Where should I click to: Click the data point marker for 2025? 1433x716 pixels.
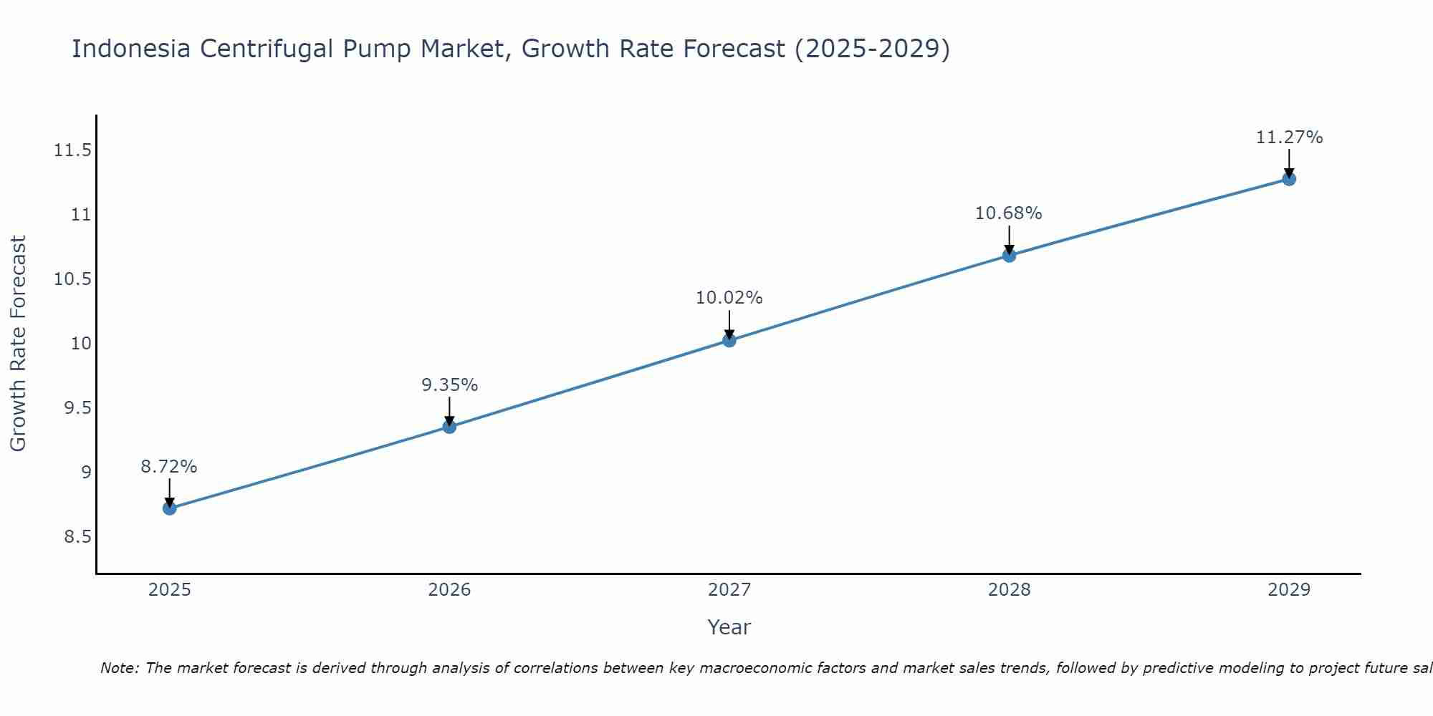point(170,508)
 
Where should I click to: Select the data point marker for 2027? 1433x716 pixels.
point(729,340)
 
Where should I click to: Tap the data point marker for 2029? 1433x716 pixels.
point(1289,179)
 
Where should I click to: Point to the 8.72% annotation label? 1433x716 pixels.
point(169,467)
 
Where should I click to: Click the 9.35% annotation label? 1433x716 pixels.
point(449,385)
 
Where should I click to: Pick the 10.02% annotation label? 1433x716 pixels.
point(729,298)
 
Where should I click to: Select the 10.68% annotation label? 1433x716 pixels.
point(1009,213)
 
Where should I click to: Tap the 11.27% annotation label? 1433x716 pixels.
point(1289,137)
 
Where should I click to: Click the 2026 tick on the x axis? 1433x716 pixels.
point(449,590)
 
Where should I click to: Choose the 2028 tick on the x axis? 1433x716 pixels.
point(1009,590)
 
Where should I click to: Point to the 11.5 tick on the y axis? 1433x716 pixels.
point(72,150)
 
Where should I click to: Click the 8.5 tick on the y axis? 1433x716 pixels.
point(77,537)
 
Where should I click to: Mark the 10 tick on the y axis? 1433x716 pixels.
point(81,344)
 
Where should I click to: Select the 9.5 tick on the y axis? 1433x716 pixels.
point(77,408)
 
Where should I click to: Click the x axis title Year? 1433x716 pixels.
point(729,627)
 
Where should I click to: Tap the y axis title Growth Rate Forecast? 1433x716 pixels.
point(18,344)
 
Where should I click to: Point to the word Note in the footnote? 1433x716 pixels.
point(119,668)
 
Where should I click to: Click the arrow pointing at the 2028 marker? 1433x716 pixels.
point(1009,240)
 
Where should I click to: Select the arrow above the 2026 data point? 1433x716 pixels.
point(449,411)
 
